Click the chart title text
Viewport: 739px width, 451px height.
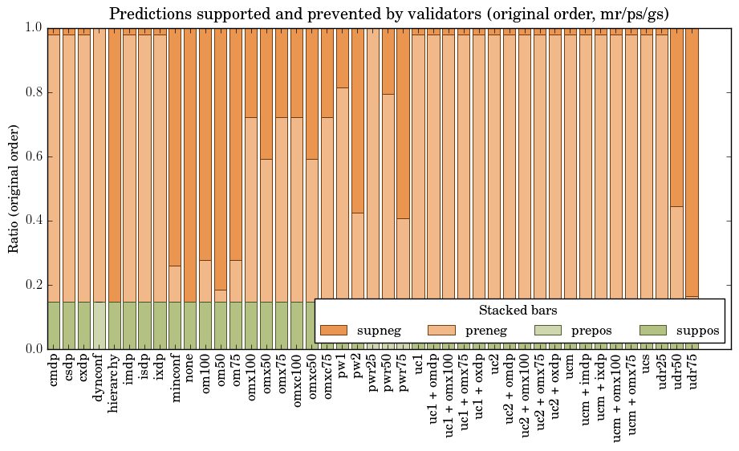pos(388,14)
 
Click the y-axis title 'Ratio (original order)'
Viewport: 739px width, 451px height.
pos(14,188)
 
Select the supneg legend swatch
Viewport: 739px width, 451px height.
pos(334,331)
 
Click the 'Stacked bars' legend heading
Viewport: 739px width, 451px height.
pos(518,311)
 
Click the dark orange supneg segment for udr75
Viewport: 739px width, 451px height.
pos(692,160)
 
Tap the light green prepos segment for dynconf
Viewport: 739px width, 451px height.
pos(99,325)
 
